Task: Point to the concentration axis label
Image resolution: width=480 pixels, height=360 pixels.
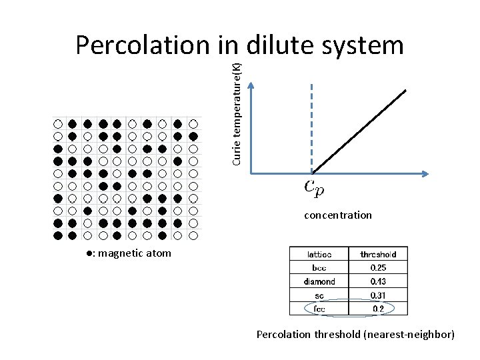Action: [x=338, y=215]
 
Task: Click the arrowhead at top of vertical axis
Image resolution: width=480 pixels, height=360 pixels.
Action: [x=250, y=85]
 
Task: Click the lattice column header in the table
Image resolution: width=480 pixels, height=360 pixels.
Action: [x=318, y=254]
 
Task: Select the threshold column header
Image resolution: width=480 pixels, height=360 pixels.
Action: [x=378, y=254]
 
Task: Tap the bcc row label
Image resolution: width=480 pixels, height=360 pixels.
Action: [x=319, y=267]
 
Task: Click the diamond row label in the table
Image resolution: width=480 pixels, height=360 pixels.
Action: [x=319, y=281]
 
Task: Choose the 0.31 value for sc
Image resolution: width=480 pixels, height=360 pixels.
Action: [x=378, y=295]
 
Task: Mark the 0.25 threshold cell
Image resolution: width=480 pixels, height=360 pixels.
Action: [x=378, y=267]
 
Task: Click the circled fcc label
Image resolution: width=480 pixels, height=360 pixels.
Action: [x=319, y=309]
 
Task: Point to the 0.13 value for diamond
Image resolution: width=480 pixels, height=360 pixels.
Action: [x=378, y=281]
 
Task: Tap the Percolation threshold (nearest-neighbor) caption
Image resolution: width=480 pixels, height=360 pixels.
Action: [x=355, y=334]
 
